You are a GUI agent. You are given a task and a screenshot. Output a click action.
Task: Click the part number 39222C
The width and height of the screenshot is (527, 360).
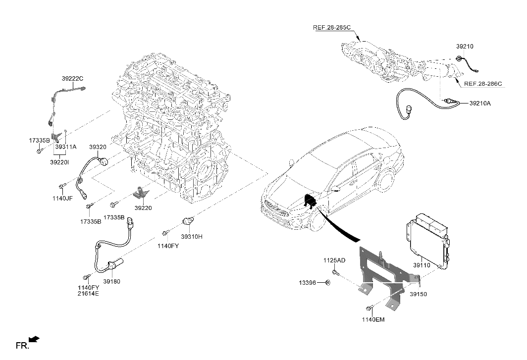[x=72, y=78]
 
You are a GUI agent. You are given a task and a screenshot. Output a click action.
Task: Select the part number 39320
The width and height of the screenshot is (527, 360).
[x=98, y=147]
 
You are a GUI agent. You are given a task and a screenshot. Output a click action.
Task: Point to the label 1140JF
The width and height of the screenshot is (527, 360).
[x=63, y=198]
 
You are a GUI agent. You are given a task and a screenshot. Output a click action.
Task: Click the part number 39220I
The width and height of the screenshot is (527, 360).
[x=59, y=162]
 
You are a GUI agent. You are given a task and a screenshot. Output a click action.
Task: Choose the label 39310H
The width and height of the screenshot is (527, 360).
[x=191, y=237]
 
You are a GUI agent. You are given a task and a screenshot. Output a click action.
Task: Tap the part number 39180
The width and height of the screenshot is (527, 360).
[x=111, y=281]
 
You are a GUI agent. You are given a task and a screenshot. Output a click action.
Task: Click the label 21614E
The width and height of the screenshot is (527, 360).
[x=88, y=294]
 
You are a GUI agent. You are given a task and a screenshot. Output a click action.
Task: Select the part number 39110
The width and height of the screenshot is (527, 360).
[x=422, y=265]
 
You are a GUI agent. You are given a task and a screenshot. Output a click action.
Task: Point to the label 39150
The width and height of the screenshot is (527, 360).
[x=418, y=294]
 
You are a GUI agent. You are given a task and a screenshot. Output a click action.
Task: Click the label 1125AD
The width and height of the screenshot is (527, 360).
[x=335, y=260]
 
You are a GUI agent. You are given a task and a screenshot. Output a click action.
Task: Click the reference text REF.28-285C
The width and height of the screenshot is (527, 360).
[x=332, y=27]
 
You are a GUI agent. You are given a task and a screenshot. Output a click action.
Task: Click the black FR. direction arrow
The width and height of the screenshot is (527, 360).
[x=34, y=339]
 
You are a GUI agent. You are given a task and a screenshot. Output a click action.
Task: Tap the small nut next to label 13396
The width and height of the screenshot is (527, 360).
[x=328, y=283]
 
